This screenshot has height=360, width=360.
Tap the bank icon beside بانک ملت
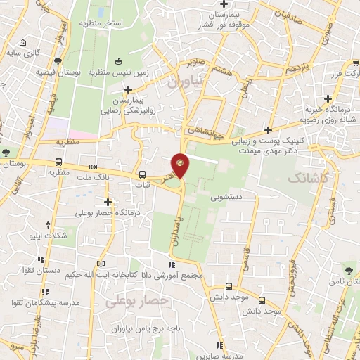[x=94, y=167]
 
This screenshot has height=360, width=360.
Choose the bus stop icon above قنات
[x=143, y=174]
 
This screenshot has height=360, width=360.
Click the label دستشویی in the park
[x=227, y=198]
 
